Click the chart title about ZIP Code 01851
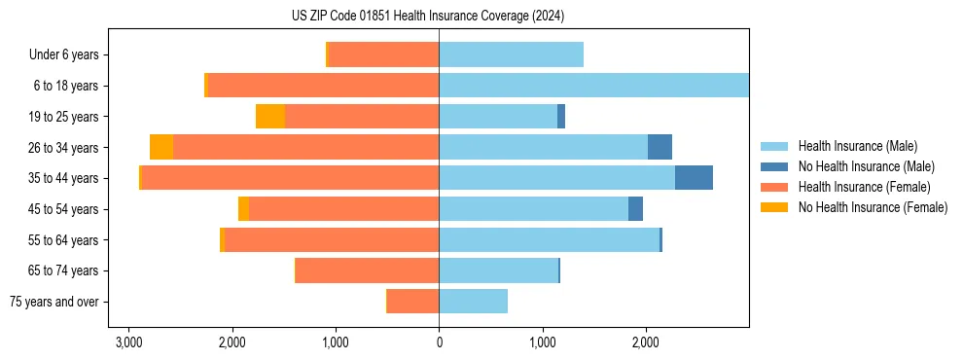pyautogui.click(x=427, y=17)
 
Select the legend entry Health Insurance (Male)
pyautogui.click(x=857, y=146)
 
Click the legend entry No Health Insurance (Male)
pyautogui.click(x=866, y=166)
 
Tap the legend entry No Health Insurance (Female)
pyautogui.click(x=873, y=207)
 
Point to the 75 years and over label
pyautogui.click(x=53, y=302)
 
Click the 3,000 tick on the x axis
pyautogui.click(x=128, y=342)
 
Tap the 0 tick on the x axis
pyautogui.click(x=439, y=342)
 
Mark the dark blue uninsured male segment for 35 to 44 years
pyautogui.click(x=694, y=178)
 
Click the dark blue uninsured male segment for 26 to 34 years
pyautogui.click(x=660, y=147)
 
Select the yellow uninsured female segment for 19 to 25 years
pyautogui.click(x=270, y=117)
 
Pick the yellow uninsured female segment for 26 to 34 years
pyautogui.click(x=161, y=147)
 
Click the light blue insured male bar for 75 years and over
pyautogui.click(x=473, y=302)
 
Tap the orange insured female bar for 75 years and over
pyautogui.click(x=413, y=302)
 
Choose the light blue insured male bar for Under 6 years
pyautogui.click(x=511, y=55)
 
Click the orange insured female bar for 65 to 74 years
pyautogui.click(x=368, y=270)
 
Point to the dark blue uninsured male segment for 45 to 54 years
pyautogui.click(x=635, y=209)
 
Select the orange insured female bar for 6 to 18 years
pyautogui.click(x=324, y=86)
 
